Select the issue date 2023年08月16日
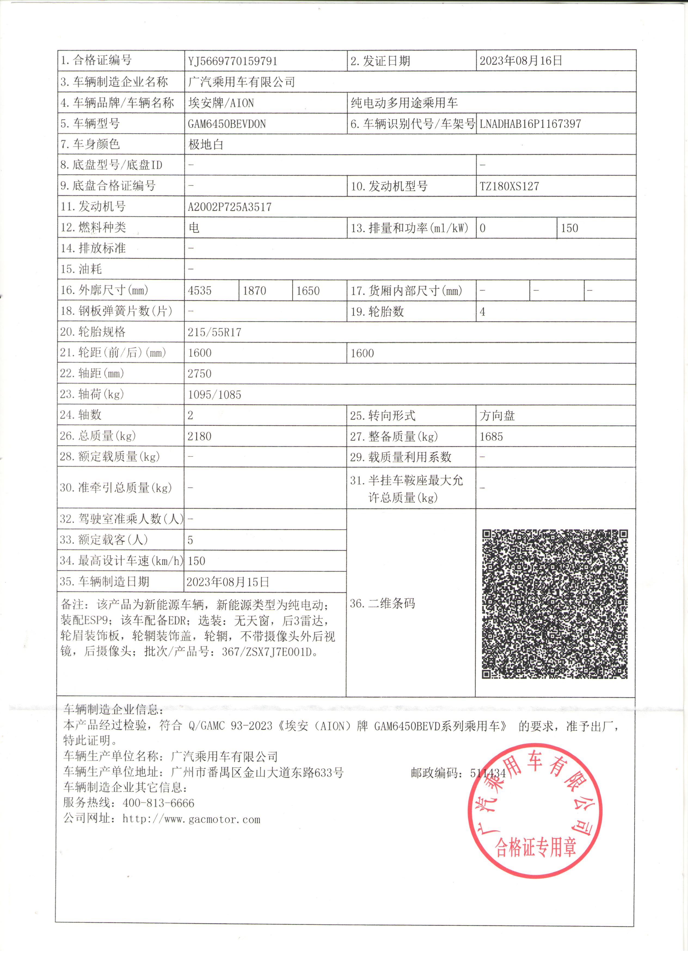coord(521,61)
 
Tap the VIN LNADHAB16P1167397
coord(530,124)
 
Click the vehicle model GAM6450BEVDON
coord(227,124)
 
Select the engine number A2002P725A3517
coord(230,207)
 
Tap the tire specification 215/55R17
coord(215,332)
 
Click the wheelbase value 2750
coord(199,373)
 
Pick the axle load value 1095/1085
coord(215,394)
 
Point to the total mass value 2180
coord(199,436)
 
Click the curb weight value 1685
coord(491,437)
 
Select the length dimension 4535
coord(199,291)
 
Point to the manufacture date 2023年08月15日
coord(228,582)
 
